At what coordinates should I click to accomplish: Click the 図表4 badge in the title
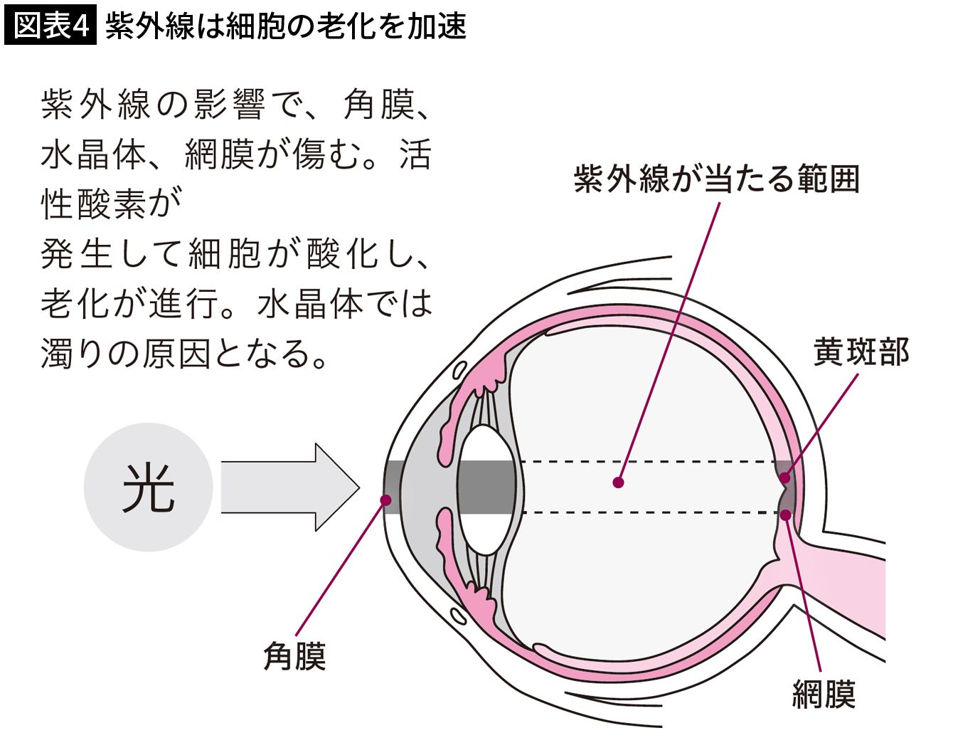point(50,26)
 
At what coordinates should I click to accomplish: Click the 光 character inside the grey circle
point(148,487)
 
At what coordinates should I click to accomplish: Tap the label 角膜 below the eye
point(294,656)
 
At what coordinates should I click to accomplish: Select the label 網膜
point(824,694)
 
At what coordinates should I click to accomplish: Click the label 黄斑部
point(861,352)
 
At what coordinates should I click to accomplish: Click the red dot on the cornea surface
point(386,500)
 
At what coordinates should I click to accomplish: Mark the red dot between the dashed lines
point(619,482)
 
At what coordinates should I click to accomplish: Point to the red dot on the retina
point(786,514)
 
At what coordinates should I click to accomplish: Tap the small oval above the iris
point(459,371)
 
